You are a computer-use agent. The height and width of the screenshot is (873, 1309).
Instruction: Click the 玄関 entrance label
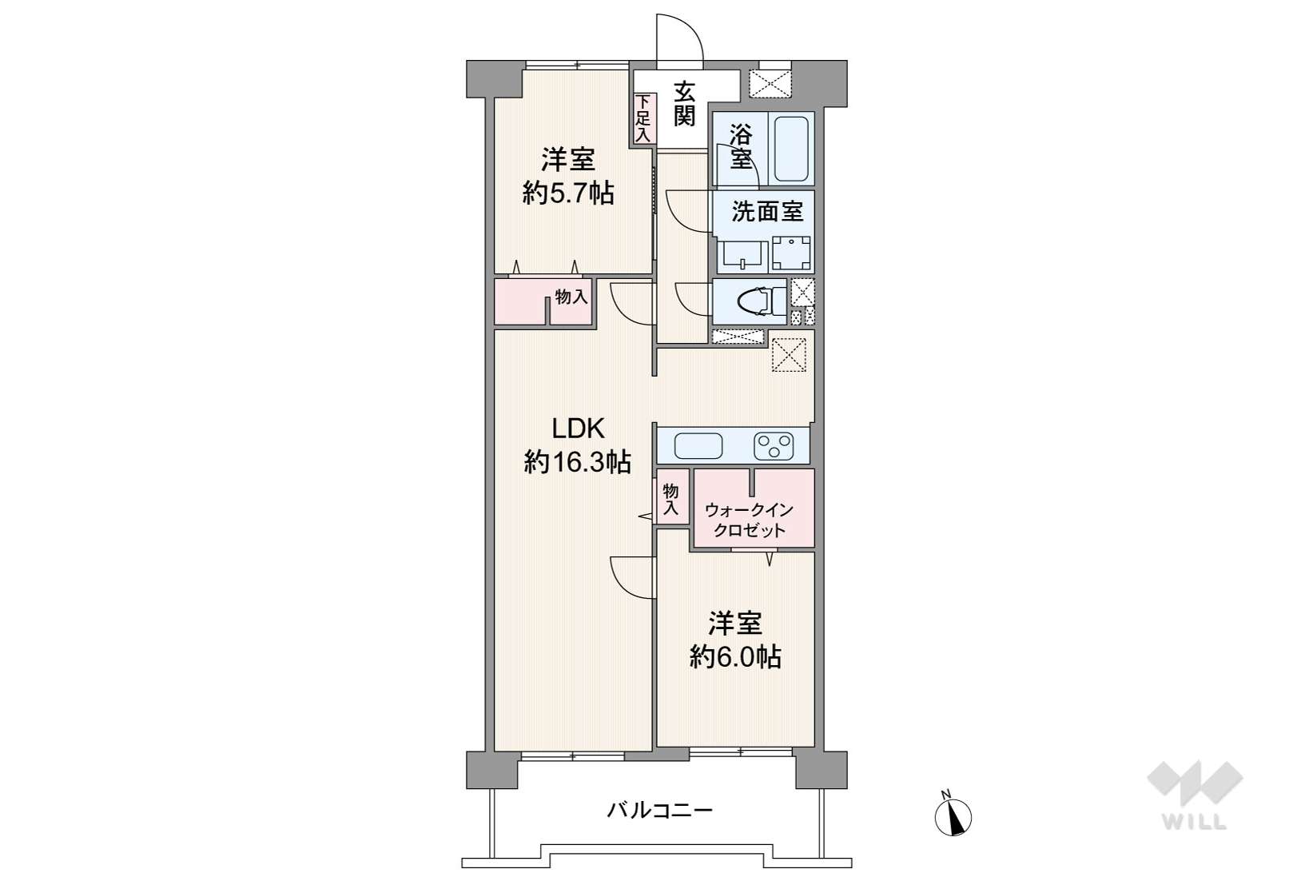click(x=684, y=104)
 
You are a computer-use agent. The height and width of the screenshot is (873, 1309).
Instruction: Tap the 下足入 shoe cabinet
click(x=643, y=118)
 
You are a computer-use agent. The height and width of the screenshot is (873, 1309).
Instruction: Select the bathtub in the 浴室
click(x=791, y=149)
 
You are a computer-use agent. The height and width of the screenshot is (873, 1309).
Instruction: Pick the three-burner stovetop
click(x=773, y=446)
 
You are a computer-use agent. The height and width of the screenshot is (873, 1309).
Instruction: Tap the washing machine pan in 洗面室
click(x=791, y=253)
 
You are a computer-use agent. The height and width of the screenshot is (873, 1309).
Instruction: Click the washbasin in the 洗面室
click(x=742, y=256)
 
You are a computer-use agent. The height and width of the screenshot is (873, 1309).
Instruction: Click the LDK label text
click(x=579, y=430)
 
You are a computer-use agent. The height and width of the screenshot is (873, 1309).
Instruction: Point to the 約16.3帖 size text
click(x=577, y=463)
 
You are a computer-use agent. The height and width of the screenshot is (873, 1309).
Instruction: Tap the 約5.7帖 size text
click(x=568, y=193)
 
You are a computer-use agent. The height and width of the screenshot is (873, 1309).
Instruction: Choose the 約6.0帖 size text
click(x=735, y=656)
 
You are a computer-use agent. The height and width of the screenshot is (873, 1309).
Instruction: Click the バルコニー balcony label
click(x=660, y=811)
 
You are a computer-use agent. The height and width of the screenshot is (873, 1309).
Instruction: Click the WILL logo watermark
click(x=1195, y=795)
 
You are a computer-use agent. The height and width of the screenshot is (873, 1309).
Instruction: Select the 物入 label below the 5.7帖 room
click(x=571, y=297)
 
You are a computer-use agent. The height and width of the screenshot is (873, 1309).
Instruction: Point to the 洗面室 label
click(x=767, y=212)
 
